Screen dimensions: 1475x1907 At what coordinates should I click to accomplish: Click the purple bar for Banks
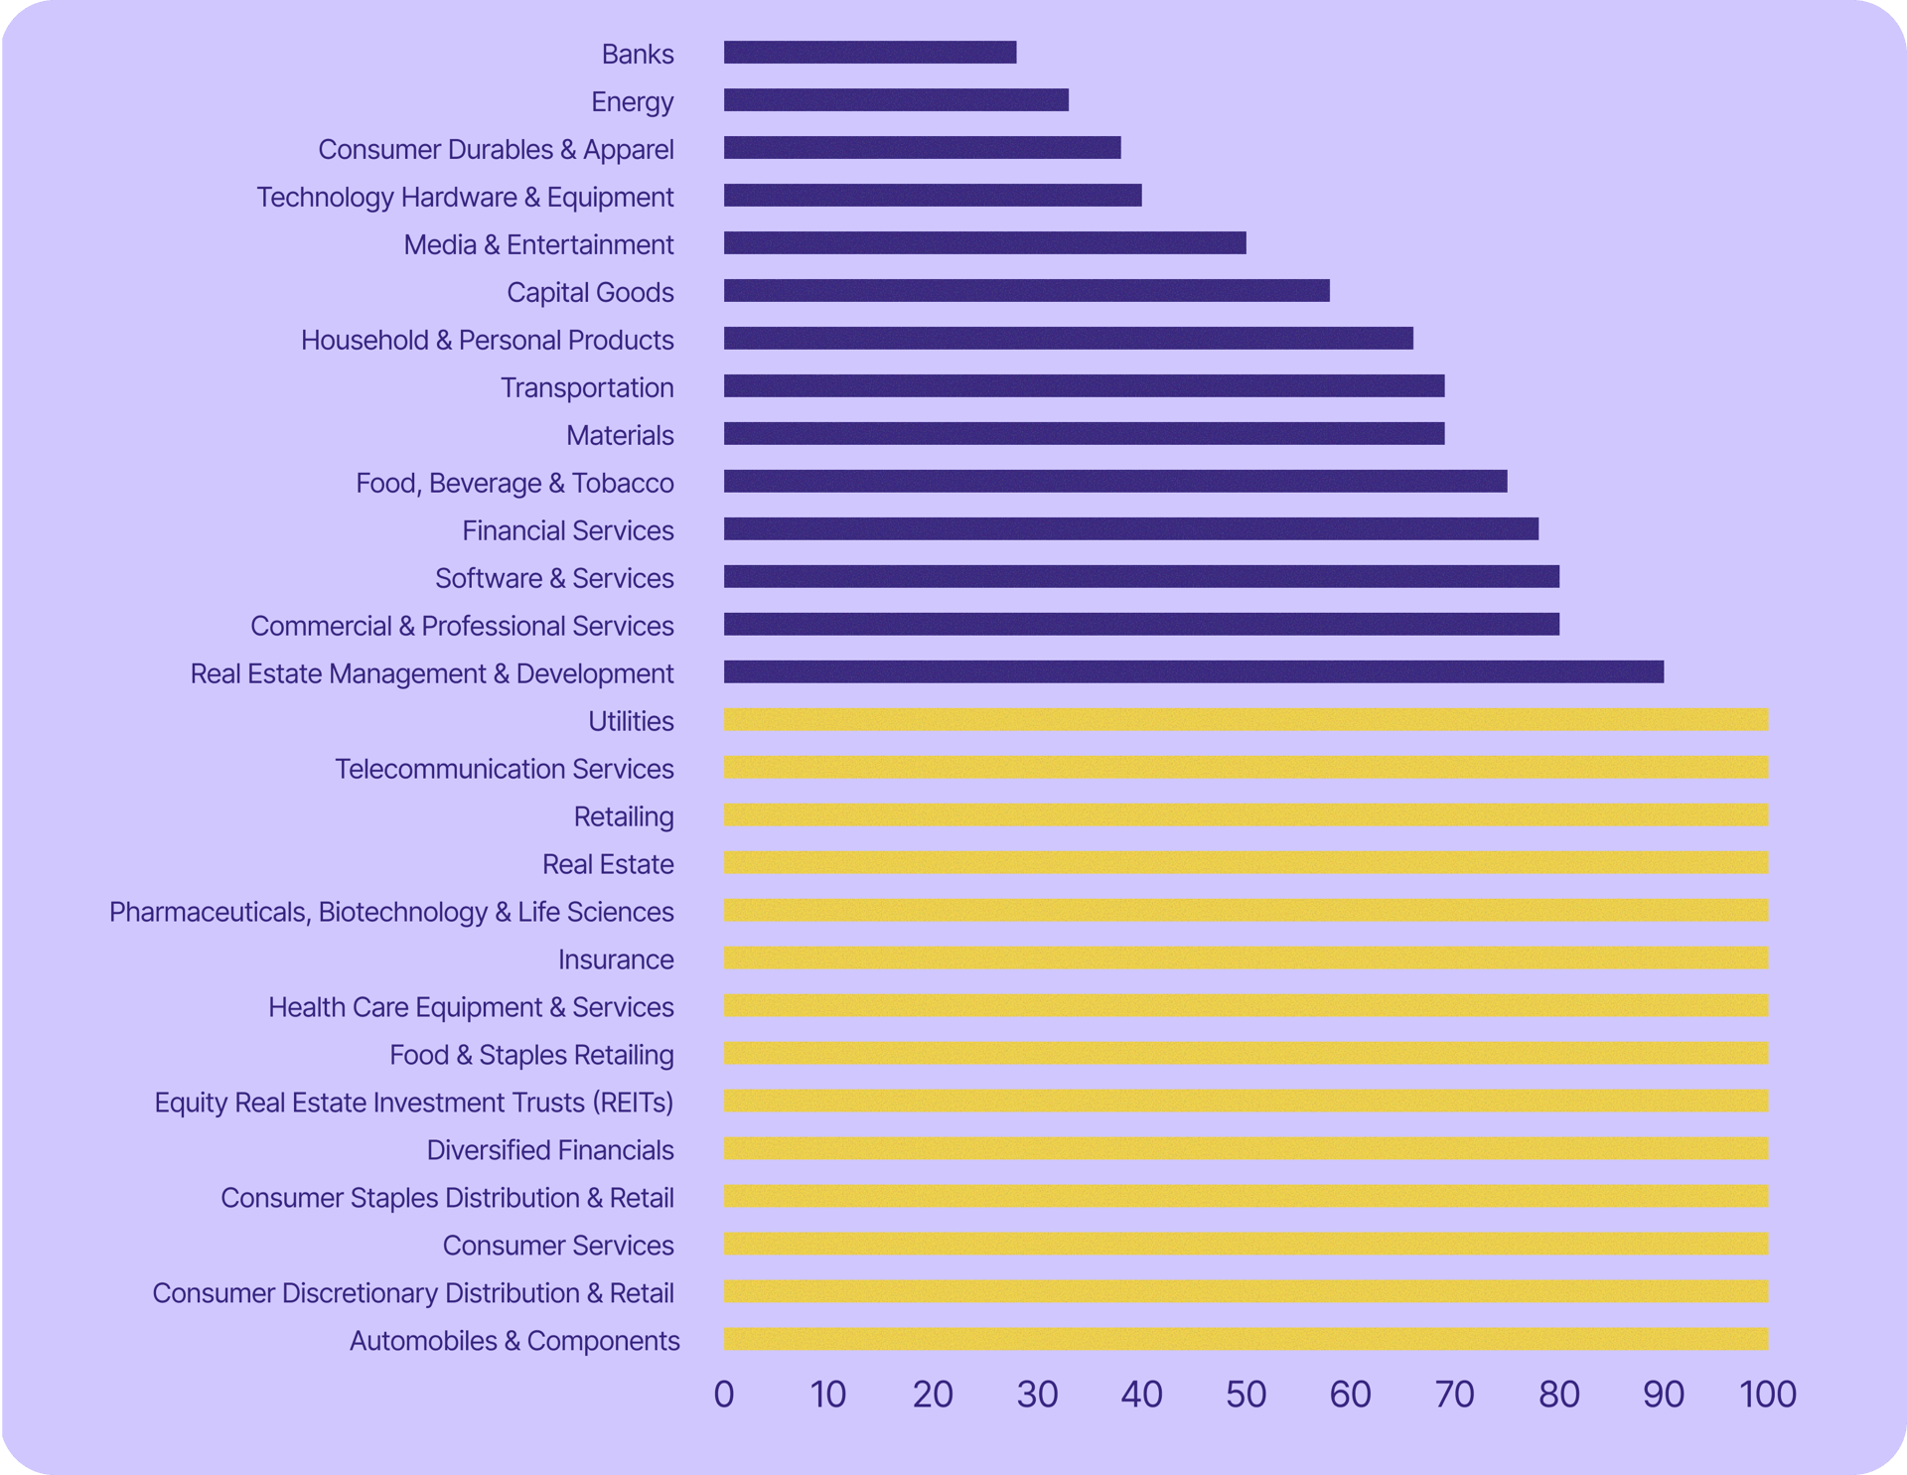870,53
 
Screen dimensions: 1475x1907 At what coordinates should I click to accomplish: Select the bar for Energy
896,100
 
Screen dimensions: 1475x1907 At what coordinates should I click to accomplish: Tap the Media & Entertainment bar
984,243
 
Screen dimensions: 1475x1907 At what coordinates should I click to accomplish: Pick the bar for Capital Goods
1026,291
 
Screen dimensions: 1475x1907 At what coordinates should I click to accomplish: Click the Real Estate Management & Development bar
1193,672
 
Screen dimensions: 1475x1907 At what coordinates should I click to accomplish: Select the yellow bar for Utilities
1246,720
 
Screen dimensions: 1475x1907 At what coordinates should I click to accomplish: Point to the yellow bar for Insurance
1246,959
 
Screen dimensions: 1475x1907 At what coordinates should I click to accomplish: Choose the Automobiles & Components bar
1246,1340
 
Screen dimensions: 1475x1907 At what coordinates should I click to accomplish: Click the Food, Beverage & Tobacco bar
1115,482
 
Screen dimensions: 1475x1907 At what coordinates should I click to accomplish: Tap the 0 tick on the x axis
724,1395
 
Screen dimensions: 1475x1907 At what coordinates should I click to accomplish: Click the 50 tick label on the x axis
1246,1395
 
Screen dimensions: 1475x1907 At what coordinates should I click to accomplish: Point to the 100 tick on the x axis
1768,1395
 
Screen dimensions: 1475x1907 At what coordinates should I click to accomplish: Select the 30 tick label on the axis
1037,1395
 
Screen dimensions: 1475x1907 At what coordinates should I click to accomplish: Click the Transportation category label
587,387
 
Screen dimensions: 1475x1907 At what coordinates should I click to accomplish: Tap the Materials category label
620,435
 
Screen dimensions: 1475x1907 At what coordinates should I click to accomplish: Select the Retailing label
624,816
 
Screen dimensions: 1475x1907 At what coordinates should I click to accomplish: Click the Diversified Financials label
550,1150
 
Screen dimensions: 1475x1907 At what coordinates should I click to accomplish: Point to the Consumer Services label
558,1246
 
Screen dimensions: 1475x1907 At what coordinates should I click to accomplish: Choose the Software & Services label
554,578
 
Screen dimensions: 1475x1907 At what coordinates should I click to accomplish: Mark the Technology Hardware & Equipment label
465,197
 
